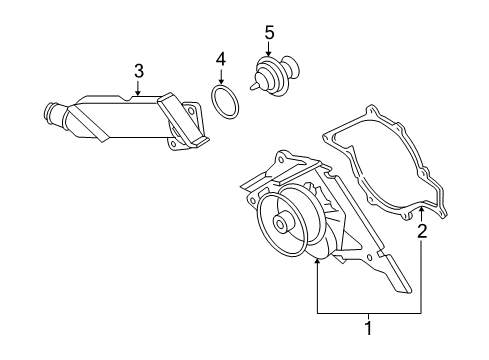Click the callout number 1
pyautogui.click(x=368, y=328)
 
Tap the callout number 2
pyautogui.click(x=422, y=231)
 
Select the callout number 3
pyautogui.click(x=139, y=71)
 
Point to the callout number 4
pyautogui.click(x=221, y=59)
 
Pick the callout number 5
pyautogui.click(x=269, y=33)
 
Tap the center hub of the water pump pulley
pyautogui.click(x=281, y=224)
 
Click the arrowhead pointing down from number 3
pyautogui.click(x=138, y=92)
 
